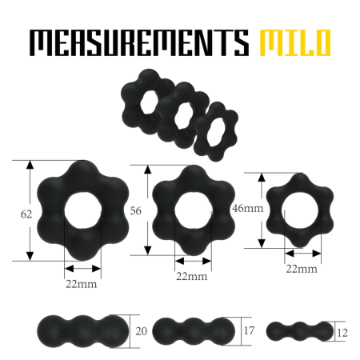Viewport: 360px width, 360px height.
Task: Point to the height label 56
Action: coord(137,210)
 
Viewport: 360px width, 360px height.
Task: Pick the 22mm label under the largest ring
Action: coord(82,284)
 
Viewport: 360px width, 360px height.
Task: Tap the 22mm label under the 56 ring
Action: coord(191,277)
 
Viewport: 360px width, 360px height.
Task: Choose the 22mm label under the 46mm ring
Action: coord(301,268)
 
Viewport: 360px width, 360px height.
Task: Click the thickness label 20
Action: coord(142,330)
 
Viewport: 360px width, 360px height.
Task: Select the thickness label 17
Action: coord(248,330)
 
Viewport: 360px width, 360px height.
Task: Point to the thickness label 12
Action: coord(343,330)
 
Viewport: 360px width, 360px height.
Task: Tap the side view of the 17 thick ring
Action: coord(193,330)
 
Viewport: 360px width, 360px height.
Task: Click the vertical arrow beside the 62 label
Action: coord(30,210)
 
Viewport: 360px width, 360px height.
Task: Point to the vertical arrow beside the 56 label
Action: coord(147,210)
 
